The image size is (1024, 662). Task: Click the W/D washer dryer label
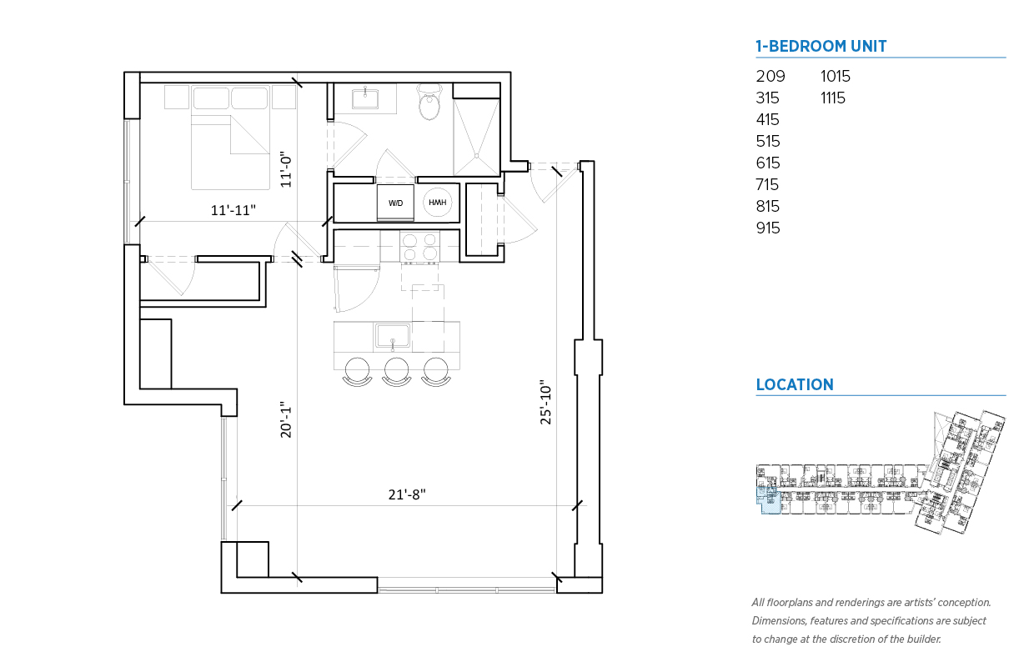click(x=395, y=203)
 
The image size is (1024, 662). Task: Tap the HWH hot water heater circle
click(x=438, y=203)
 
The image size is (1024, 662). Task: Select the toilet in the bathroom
click(x=429, y=102)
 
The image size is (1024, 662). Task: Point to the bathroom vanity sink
click(x=364, y=98)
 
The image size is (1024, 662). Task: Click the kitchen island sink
click(x=392, y=336)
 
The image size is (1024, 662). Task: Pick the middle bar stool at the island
click(x=396, y=372)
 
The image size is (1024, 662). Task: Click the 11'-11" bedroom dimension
click(x=233, y=210)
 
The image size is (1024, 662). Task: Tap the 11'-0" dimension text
click(x=286, y=169)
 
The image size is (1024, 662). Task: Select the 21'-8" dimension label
click(x=407, y=494)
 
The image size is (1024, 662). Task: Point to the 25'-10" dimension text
click(x=546, y=402)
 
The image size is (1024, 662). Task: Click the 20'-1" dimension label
click(x=286, y=419)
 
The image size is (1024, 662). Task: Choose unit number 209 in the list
click(x=771, y=76)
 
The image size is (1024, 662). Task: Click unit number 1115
click(x=833, y=98)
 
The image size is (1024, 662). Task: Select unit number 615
click(x=768, y=163)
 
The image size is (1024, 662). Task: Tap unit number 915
click(x=768, y=228)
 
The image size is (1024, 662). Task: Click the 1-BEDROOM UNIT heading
click(x=821, y=46)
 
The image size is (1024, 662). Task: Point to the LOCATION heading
click(x=795, y=384)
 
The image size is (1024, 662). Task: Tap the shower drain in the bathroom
click(x=477, y=156)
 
